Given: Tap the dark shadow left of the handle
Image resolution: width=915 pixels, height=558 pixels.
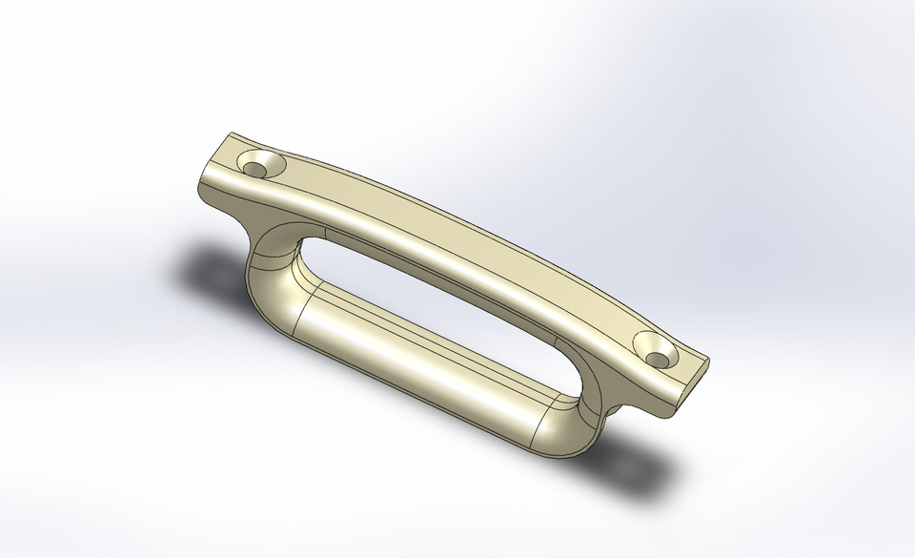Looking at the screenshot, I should [205, 272].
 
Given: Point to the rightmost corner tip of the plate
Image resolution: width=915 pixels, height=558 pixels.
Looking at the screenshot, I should [710, 360].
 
